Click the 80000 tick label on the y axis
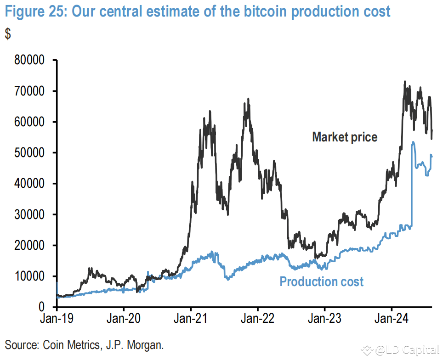pos(28,60)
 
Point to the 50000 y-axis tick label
pos(28,153)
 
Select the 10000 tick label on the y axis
pos(28,276)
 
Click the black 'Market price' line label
pos(345,137)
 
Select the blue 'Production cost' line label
pos(322,281)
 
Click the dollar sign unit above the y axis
pos(8,34)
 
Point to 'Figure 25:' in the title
pos(36,11)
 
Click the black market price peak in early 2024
pos(404,82)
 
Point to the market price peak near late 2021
pos(248,99)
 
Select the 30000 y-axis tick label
pos(28,214)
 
